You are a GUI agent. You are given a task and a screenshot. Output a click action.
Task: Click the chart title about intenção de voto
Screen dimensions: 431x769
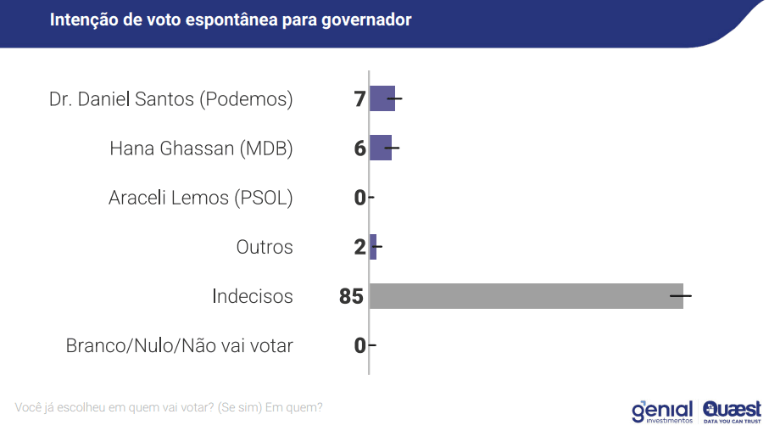click(231, 20)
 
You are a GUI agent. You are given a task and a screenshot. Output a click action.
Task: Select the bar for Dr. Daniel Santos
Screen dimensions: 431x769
click(382, 99)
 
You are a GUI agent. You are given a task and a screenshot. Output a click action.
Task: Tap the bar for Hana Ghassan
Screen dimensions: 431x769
click(381, 148)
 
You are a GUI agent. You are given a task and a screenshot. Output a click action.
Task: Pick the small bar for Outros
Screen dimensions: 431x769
click(373, 247)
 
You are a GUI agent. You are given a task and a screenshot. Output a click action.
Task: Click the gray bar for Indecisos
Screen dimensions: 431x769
click(526, 296)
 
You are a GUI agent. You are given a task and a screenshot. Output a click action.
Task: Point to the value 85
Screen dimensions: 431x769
click(350, 296)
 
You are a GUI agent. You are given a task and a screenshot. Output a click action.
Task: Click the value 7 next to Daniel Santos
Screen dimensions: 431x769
click(359, 99)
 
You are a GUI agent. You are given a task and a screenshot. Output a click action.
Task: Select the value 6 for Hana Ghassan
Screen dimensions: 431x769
click(359, 148)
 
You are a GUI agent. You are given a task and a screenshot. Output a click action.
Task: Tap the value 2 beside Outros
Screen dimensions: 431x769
click(359, 247)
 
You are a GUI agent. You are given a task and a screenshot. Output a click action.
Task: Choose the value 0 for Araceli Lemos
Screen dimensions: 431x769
click(359, 198)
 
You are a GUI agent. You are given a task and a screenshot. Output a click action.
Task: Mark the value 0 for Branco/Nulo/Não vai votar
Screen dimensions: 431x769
click(359, 345)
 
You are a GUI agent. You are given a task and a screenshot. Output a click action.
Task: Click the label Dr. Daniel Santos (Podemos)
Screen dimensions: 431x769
click(170, 99)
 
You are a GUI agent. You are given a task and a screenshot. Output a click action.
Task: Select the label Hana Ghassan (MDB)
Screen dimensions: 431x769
click(201, 148)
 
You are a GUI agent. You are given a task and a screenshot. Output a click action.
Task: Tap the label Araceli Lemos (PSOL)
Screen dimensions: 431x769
click(200, 198)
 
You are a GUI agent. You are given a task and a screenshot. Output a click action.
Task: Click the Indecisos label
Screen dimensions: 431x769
click(252, 296)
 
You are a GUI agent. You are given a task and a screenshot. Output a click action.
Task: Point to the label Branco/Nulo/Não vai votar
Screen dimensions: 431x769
click(179, 345)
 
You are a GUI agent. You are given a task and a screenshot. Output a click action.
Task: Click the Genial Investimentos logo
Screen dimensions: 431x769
click(662, 411)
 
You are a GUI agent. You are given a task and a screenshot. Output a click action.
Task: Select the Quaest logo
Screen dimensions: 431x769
click(731, 411)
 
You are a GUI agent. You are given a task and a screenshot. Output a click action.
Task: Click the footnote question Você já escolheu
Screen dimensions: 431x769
click(169, 407)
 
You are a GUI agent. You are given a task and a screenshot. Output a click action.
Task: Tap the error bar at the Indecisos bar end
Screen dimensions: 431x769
click(681, 296)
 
